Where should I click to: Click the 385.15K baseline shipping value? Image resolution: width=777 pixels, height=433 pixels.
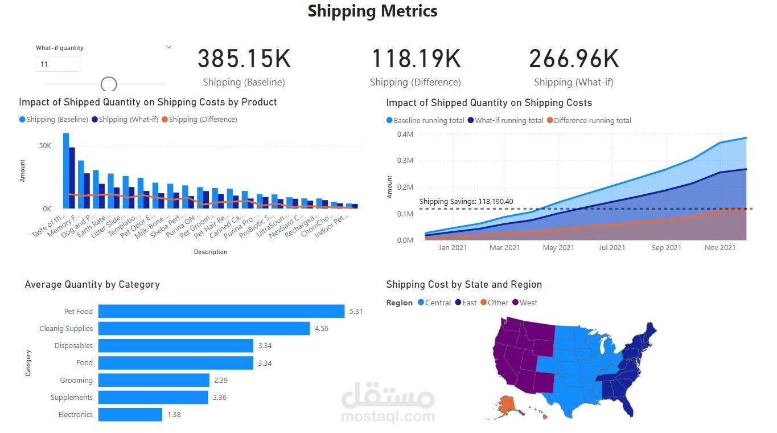(x=244, y=59)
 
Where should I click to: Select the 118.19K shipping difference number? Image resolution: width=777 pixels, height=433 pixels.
(x=416, y=59)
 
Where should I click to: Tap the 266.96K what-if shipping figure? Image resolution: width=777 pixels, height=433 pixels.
(x=574, y=59)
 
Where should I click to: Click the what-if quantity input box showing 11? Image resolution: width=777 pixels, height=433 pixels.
(x=58, y=64)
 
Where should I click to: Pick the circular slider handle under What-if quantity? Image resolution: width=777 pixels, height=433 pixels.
(x=109, y=84)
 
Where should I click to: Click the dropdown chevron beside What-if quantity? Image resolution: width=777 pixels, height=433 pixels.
(x=168, y=47)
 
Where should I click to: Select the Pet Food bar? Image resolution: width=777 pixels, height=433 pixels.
(x=221, y=311)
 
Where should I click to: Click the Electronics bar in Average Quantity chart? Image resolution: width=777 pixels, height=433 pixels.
(x=130, y=414)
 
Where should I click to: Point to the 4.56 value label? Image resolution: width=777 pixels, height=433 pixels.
(x=322, y=329)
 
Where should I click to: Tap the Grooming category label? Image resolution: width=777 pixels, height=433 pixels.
(x=76, y=380)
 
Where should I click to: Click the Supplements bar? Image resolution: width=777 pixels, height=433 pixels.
(x=153, y=397)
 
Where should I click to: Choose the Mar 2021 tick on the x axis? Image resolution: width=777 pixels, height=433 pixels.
(x=504, y=247)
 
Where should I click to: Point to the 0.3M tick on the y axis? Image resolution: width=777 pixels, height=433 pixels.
(x=405, y=161)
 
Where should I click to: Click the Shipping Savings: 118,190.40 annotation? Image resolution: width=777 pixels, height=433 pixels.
(x=466, y=201)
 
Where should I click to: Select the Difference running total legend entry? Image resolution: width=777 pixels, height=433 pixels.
(x=592, y=120)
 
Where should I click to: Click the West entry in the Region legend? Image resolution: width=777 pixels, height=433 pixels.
(x=528, y=303)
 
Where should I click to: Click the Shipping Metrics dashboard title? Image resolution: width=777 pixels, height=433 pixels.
(x=372, y=11)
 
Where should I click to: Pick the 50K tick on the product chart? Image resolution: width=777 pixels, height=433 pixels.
(x=45, y=146)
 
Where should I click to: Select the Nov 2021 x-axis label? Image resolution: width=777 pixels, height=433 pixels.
(x=720, y=247)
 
